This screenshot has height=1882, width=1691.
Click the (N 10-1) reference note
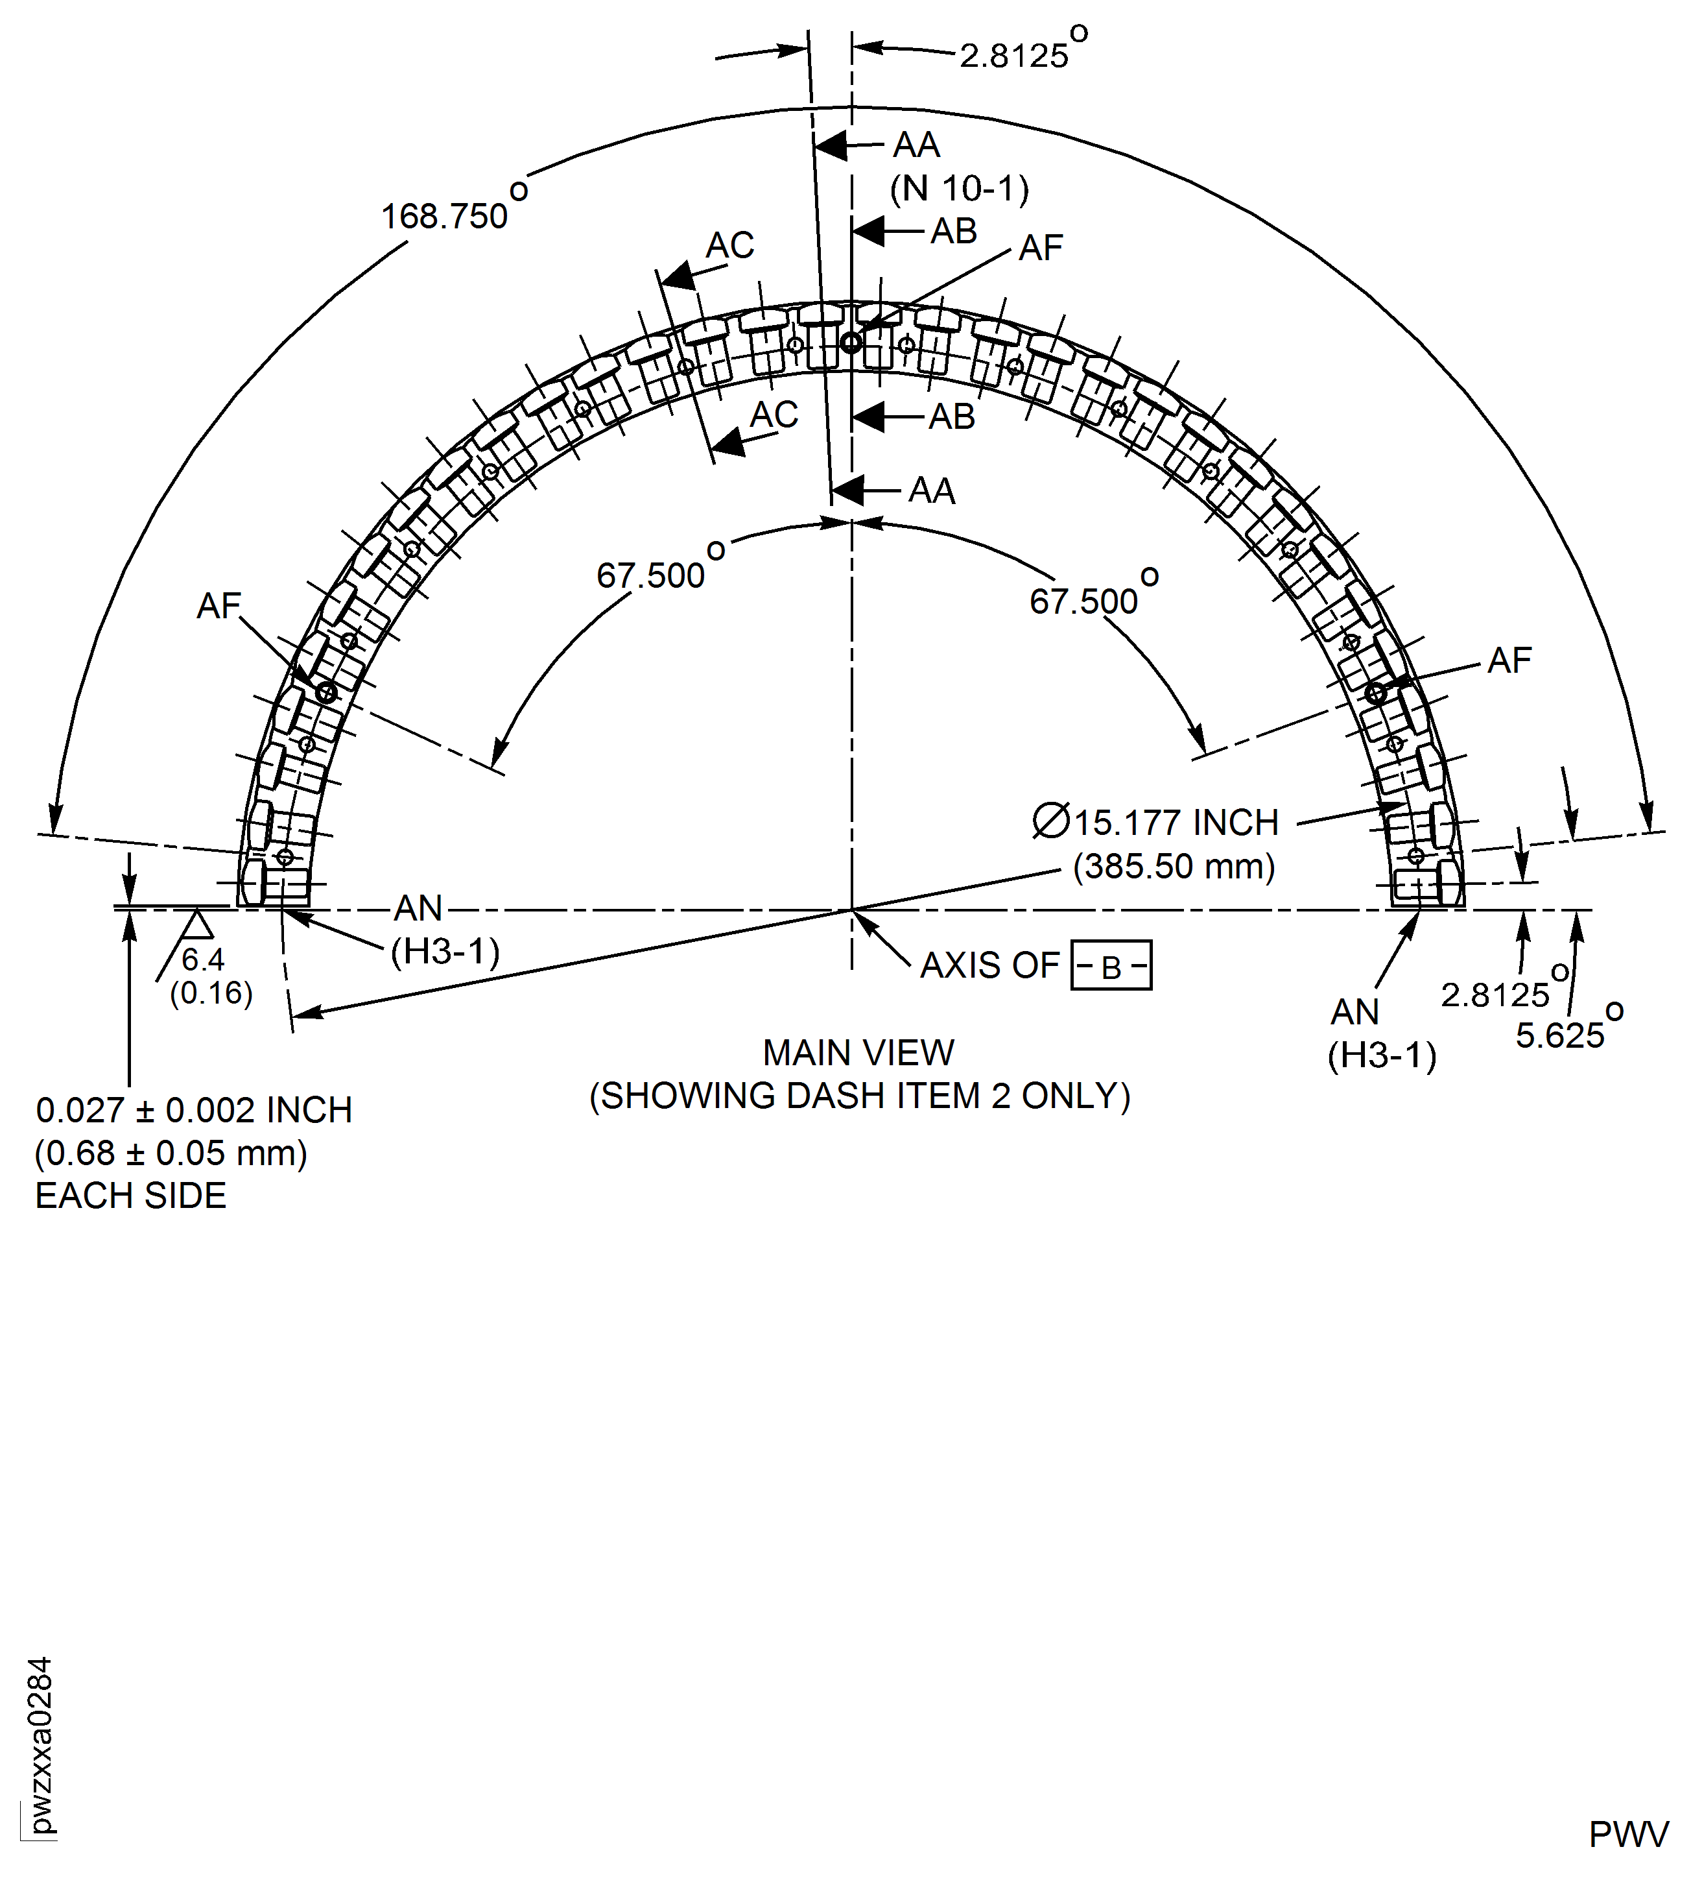(959, 189)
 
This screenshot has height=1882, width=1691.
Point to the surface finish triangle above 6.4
(195, 924)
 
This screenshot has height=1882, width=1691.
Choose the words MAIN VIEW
(858, 1052)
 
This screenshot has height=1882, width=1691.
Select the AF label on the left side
(219, 606)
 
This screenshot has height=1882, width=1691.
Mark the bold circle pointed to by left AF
(325, 692)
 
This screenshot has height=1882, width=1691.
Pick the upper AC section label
(729, 245)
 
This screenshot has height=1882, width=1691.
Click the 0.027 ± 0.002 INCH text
(193, 1110)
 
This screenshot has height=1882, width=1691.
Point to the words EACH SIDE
(130, 1195)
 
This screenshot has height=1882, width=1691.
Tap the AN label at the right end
(1354, 1011)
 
